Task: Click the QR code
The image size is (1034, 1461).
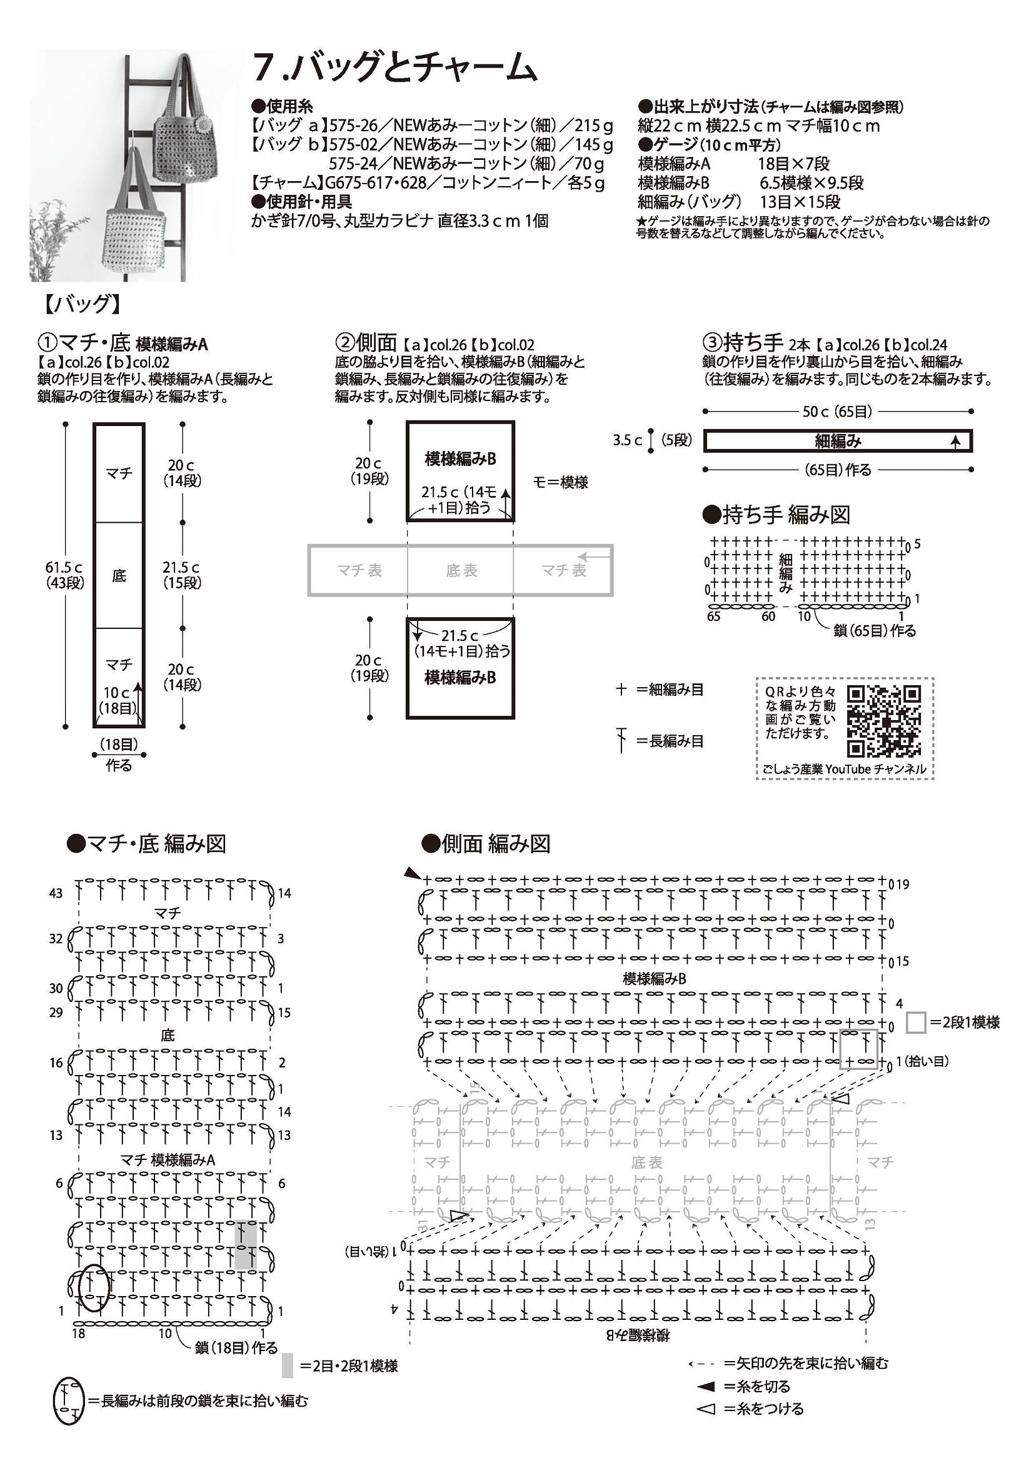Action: click(x=884, y=720)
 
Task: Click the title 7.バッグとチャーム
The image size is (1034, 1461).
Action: click(x=394, y=67)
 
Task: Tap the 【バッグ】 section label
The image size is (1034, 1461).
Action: click(x=82, y=304)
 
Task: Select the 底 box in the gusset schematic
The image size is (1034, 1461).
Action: click(x=119, y=575)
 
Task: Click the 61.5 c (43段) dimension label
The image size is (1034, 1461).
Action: click(x=64, y=575)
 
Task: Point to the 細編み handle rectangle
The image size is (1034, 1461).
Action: click(x=837, y=440)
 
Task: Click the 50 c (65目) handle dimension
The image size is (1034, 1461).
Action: click(x=837, y=412)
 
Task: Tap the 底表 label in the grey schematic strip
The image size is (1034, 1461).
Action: click(x=461, y=571)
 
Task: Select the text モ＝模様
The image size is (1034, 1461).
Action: click(x=560, y=482)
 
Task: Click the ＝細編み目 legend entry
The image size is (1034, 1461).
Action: click(x=668, y=689)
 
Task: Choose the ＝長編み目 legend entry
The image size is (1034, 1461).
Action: click(x=668, y=741)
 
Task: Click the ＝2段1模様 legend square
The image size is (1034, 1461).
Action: click(x=916, y=1022)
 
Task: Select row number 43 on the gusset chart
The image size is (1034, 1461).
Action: click(x=56, y=893)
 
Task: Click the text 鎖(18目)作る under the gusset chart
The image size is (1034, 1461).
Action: click(x=236, y=1348)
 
